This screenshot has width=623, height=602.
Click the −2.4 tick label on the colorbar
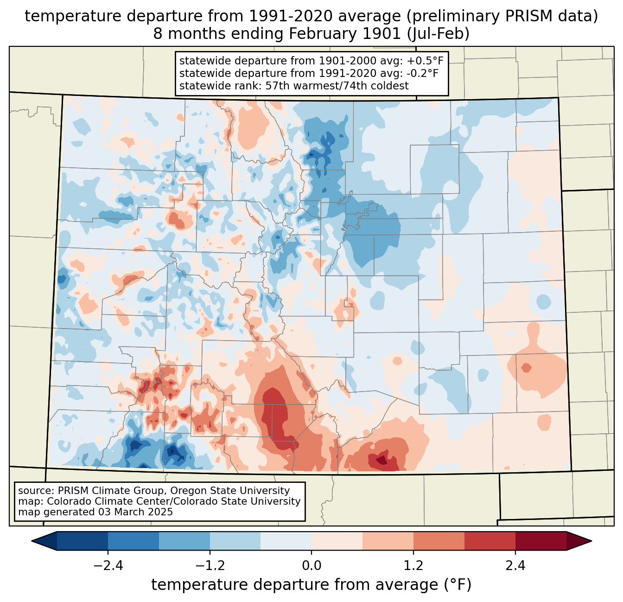click(x=108, y=566)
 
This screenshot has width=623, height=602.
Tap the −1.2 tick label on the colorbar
click(x=210, y=566)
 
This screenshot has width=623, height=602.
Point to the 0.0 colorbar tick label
click(x=311, y=566)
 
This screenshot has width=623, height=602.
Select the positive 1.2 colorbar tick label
click(x=413, y=566)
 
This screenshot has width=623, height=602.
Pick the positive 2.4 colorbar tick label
click(x=515, y=566)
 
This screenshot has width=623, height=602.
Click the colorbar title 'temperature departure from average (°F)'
click(x=311, y=585)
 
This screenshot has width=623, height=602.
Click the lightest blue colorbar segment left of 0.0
click(x=286, y=541)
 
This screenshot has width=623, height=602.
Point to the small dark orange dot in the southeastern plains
click(x=526, y=368)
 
